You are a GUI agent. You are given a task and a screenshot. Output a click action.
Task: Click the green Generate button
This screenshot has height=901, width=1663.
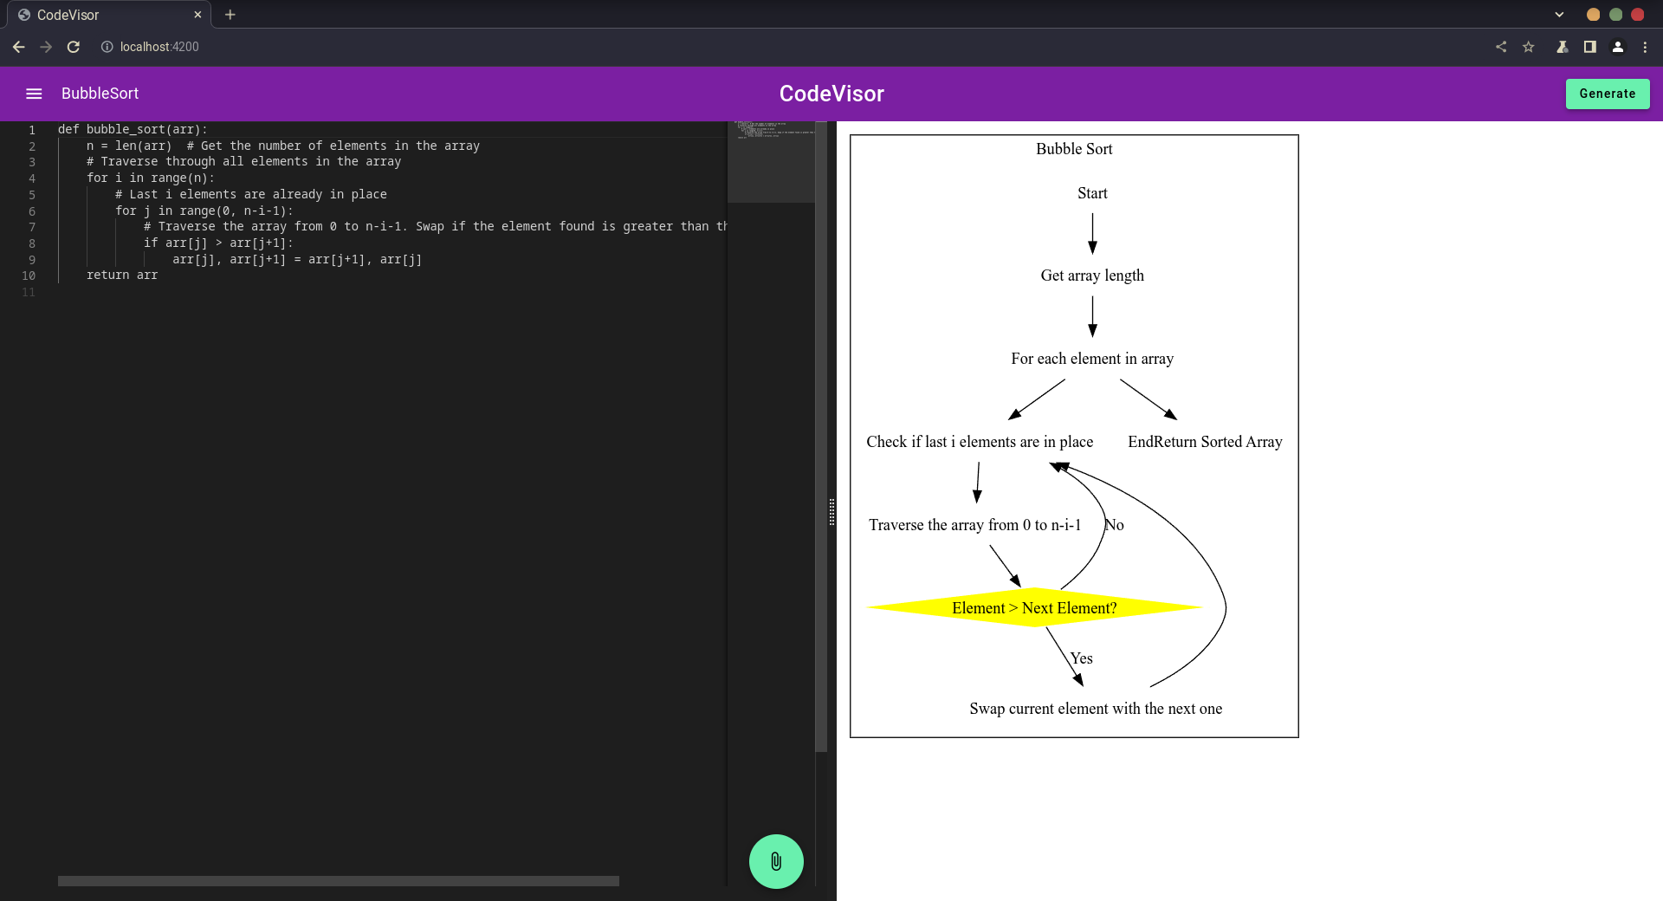coord(1607,94)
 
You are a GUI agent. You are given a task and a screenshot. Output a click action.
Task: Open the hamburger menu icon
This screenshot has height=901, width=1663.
coord(34,94)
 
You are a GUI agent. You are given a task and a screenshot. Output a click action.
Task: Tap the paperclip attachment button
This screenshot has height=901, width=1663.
coord(776,861)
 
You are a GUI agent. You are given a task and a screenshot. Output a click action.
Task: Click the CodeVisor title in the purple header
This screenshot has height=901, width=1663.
coord(831,94)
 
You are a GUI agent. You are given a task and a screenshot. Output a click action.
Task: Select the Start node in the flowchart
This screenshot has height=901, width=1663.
coord(1092,193)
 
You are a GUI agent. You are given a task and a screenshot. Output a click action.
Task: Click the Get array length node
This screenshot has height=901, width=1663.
coord(1092,275)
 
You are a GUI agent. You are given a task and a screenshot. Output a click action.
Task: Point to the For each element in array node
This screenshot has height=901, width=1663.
coord(1092,359)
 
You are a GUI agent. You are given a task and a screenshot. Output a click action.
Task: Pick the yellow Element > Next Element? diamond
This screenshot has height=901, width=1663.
coord(1034,607)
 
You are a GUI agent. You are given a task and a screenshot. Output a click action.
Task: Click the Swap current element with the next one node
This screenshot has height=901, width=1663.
coord(1096,709)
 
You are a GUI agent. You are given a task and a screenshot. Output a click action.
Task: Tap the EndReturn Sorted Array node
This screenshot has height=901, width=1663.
coord(1205,442)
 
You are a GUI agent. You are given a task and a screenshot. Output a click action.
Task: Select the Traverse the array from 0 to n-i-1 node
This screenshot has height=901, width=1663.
coord(974,525)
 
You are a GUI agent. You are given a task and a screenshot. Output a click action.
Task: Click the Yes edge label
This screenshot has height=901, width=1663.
coord(1082,658)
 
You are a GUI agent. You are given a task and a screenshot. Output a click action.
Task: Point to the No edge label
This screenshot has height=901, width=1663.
coord(1115,525)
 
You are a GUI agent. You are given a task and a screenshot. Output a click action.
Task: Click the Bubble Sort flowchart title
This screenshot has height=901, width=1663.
coord(1074,149)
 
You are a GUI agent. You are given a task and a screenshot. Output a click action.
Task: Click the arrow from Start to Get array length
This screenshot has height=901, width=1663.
coord(1092,233)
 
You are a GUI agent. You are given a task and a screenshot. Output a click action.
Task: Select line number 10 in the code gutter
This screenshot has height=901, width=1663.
coord(29,275)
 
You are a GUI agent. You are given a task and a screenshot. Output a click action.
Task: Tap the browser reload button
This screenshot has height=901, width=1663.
coord(74,47)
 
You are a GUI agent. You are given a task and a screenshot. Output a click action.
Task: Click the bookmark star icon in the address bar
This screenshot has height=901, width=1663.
coord(1529,47)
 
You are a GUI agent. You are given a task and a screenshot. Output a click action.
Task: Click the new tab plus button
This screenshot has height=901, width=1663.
coord(230,15)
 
